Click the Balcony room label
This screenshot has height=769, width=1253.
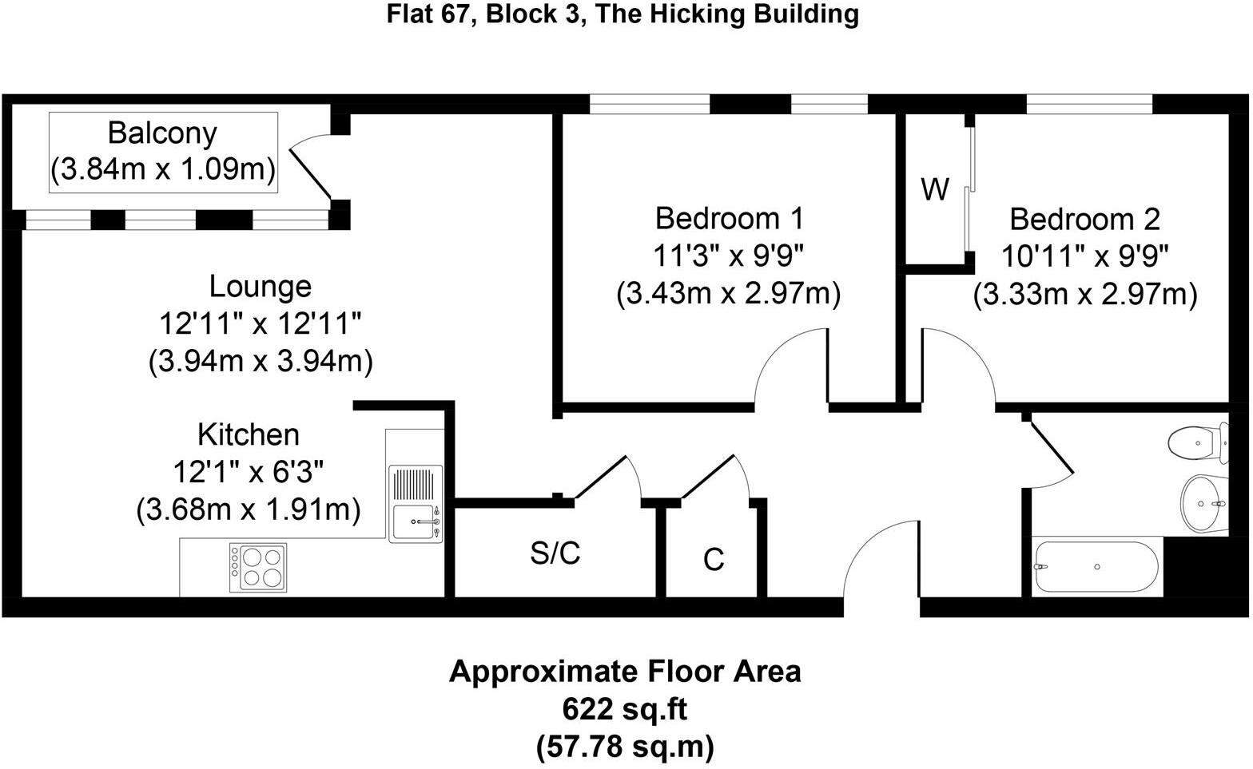coord(162,133)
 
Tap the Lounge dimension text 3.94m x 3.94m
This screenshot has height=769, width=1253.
coord(261,362)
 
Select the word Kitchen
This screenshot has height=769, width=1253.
coord(249,434)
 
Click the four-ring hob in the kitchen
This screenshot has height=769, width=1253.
coord(258,566)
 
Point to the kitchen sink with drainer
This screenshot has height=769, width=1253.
coord(416,504)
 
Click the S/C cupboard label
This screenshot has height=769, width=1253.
coord(555,553)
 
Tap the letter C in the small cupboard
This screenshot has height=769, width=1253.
coord(714,560)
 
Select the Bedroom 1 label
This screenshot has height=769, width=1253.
coord(729,218)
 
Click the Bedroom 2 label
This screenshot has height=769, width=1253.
coord(1084,219)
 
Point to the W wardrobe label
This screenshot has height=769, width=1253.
coord(935,190)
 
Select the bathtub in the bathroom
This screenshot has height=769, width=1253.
coord(1096,567)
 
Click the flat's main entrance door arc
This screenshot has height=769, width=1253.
coord(881,559)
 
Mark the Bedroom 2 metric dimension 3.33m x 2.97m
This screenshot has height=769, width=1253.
coord(1084,295)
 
